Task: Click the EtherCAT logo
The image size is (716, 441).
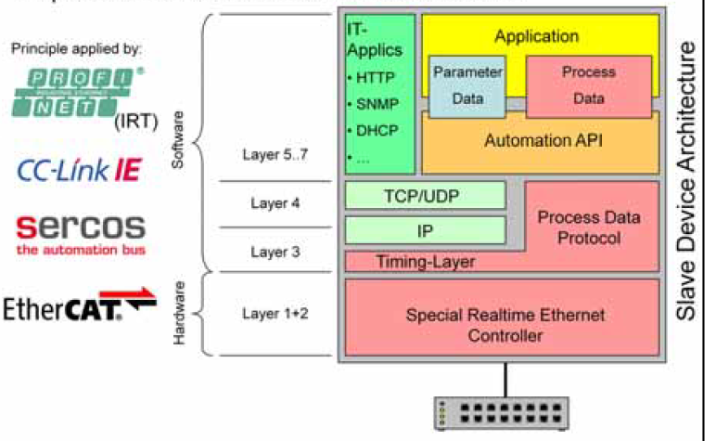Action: [79, 307]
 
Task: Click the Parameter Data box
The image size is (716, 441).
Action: [467, 85]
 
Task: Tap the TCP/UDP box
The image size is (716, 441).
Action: [426, 196]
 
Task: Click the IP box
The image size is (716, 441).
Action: [426, 228]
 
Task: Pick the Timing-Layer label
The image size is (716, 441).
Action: [426, 262]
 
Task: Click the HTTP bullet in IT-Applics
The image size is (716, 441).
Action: [376, 77]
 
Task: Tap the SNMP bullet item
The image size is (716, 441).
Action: [376, 103]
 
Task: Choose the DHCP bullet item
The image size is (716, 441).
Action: [376, 130]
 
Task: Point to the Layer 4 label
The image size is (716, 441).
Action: [275, 201]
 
